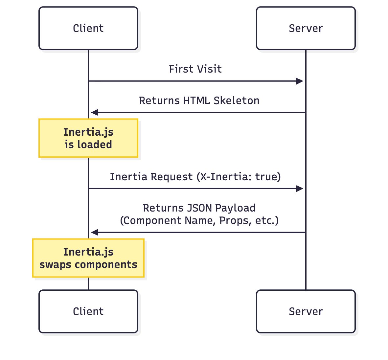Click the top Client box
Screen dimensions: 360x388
click(88, 28)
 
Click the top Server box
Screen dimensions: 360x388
click(306, 28)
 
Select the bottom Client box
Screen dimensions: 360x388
click(88, 311)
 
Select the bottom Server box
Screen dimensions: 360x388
click(306, 311)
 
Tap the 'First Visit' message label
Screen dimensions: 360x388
click(195, 69)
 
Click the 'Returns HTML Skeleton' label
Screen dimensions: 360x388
click(199, 101)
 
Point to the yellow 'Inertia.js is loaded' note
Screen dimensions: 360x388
click(88, 138)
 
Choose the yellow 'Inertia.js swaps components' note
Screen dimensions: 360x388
click(88, 258)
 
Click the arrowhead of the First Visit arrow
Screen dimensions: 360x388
click(300, 81)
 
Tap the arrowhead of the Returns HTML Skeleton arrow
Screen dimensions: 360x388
click(95, 113)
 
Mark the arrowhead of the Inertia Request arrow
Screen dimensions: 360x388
click(300, 189)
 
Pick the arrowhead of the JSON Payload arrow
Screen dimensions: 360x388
click(95, 233)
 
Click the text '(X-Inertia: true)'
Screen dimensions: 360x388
click(239, 177)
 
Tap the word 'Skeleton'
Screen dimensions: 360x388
click(236, 101)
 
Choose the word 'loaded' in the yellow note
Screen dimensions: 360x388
click(95, 145)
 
